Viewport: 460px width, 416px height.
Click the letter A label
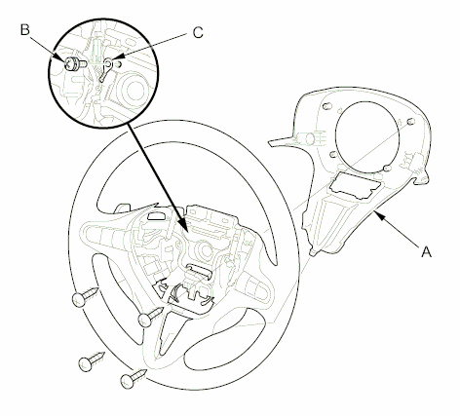pos(427,251)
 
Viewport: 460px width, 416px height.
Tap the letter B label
pos(25,29)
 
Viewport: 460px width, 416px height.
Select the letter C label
pos(198,32)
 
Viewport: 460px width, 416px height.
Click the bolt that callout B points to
pos(74,63)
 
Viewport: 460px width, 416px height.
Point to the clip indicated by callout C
pos(106,68)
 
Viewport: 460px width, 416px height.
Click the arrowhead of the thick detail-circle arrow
pos(183,225)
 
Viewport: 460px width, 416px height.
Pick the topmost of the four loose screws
pos(84,295)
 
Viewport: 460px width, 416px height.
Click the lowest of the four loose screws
pos(133,379)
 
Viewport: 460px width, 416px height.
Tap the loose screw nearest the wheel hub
pos(150,317)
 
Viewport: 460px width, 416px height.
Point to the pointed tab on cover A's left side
pos(281,140)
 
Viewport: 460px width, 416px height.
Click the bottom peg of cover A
pos(312,252)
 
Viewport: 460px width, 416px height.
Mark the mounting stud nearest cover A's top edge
pos(327,106)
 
